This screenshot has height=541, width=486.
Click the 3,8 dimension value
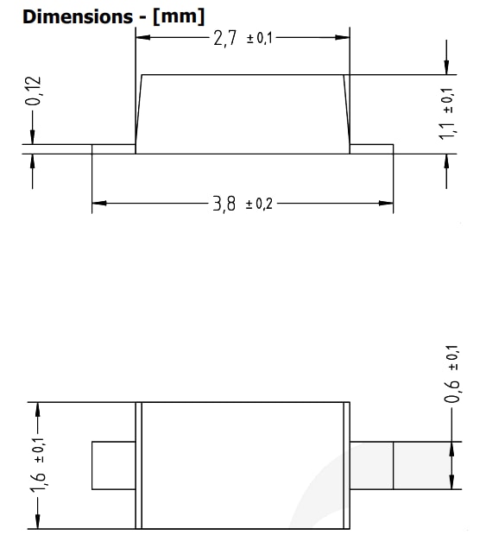pyautogui.click(x=224, y=204)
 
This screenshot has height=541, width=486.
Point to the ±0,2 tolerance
pyautogui.click(x=259, y=204)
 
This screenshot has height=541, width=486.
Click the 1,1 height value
pyautogui.click(x=446, y=130)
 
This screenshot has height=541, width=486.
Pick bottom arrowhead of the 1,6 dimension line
pyautogui.click(x=37, y=521)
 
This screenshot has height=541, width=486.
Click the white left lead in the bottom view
pyautogui.click(x=113, y=465)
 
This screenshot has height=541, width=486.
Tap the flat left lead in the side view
pyautogui.click(x=113, y=149)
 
